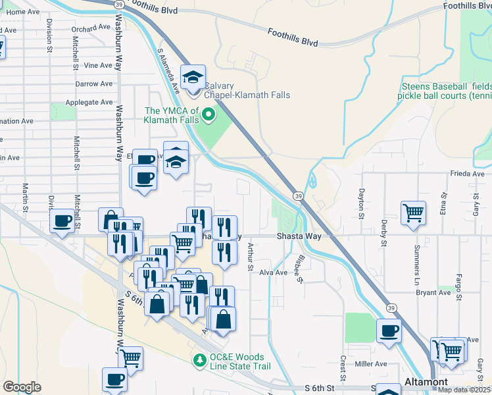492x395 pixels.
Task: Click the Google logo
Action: pos(22,387)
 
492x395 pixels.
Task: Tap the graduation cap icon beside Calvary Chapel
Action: pos(193,78)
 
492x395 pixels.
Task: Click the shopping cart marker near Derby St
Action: pos(413,212)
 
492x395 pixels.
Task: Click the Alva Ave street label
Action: pos(274,273)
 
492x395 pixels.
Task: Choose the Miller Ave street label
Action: pos(370,363)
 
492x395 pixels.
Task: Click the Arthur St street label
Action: pos(250,257)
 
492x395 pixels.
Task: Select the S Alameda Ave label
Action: pos(168,70)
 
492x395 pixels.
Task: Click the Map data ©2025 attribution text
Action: pos(464,390)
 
